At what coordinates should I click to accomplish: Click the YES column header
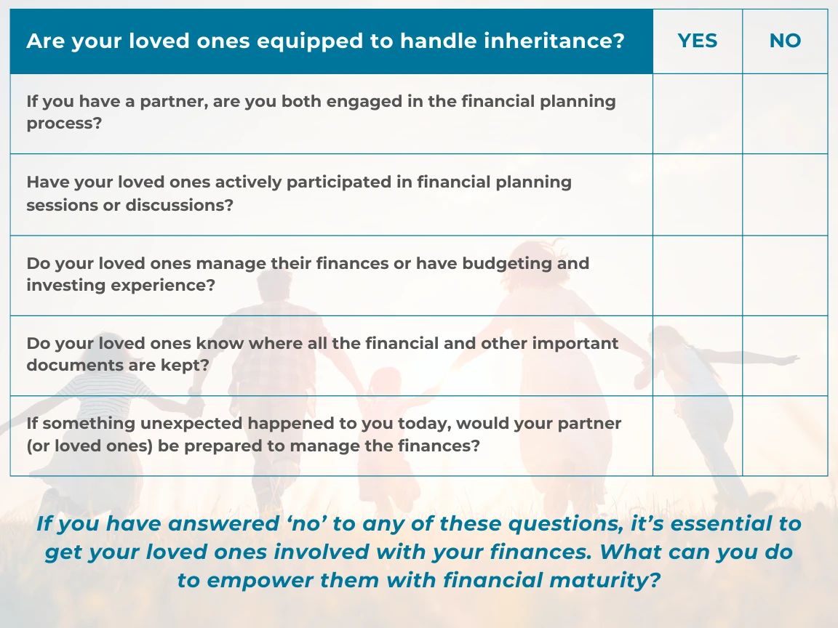697,41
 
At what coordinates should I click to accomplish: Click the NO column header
785,41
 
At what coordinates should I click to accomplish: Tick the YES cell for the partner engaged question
698,113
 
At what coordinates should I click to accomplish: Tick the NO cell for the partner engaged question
785,113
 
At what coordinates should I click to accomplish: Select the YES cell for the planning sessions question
698,194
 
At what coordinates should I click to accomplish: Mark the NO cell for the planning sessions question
785,194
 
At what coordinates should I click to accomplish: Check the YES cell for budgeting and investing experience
698,275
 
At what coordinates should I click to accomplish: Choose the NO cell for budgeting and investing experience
785,275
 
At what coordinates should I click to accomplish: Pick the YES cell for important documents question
698,355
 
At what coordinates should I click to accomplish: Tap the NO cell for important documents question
785,355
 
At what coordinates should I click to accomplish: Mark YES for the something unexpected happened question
698,436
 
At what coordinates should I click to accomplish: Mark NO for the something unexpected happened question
785,436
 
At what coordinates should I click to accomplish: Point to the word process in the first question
63,124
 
